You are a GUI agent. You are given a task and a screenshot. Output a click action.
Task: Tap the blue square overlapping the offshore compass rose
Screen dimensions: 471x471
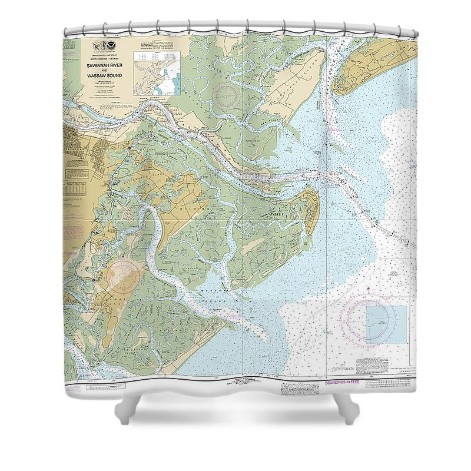click(386, 324)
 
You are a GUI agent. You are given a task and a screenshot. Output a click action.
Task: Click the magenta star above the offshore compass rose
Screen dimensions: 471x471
click(369, 289)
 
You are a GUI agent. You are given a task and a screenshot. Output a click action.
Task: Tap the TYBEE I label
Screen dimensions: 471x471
click(277, 215)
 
